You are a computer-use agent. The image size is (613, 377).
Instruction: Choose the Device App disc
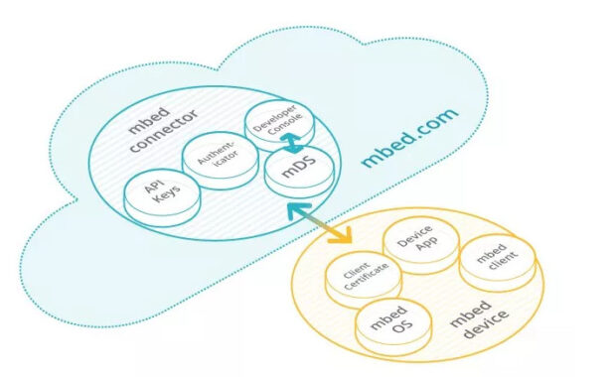[421, 243]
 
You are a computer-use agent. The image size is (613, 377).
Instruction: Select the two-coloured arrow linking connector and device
[320, 220]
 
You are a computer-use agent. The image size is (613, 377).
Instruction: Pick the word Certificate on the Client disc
[368, 282]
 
